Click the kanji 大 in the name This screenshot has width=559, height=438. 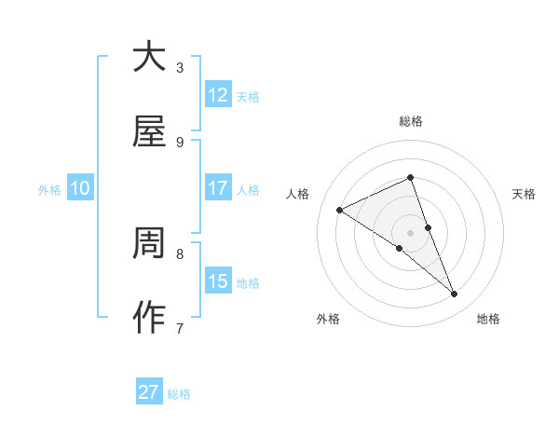coord(149,57)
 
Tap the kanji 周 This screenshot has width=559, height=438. coord(149,244)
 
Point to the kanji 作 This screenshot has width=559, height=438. coord(149,319)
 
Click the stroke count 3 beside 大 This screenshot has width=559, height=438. coord(180,67)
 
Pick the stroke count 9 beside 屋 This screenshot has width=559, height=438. coord(180,142)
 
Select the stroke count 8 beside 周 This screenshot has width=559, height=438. coord(180,253)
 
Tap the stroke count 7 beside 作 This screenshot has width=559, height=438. coord(180,328)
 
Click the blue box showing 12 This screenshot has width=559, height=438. coord(218,95)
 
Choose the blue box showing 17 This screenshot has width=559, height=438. coord(218,188)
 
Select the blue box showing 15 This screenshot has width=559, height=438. coord(218,281)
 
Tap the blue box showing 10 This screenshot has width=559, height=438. coord(80,188)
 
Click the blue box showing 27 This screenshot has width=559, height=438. coord(149,392)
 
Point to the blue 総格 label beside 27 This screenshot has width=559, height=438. coord(179,394)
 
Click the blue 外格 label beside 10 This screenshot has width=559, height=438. coord(49,190)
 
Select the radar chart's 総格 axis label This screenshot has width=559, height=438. coord(410,121)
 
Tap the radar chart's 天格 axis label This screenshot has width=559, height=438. coord(524,194)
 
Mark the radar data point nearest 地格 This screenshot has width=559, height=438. coord(455,294)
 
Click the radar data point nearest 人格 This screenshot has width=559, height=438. coord(339,210)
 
